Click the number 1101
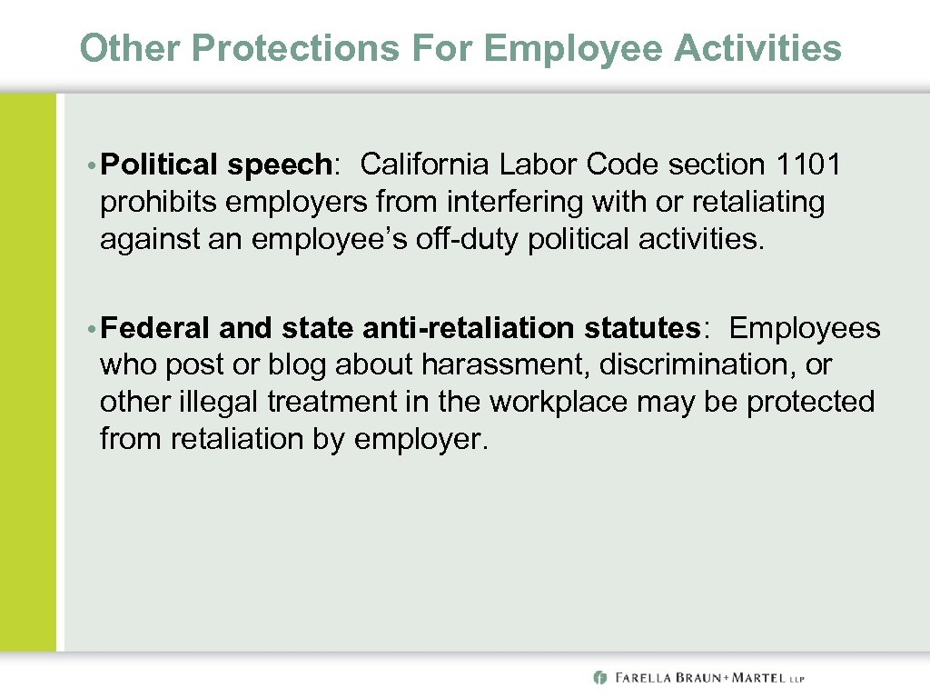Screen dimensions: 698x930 click(x=809, y=165)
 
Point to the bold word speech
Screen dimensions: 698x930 click(x=279, y=166)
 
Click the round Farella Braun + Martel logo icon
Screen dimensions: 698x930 click(x=599, y=677)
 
